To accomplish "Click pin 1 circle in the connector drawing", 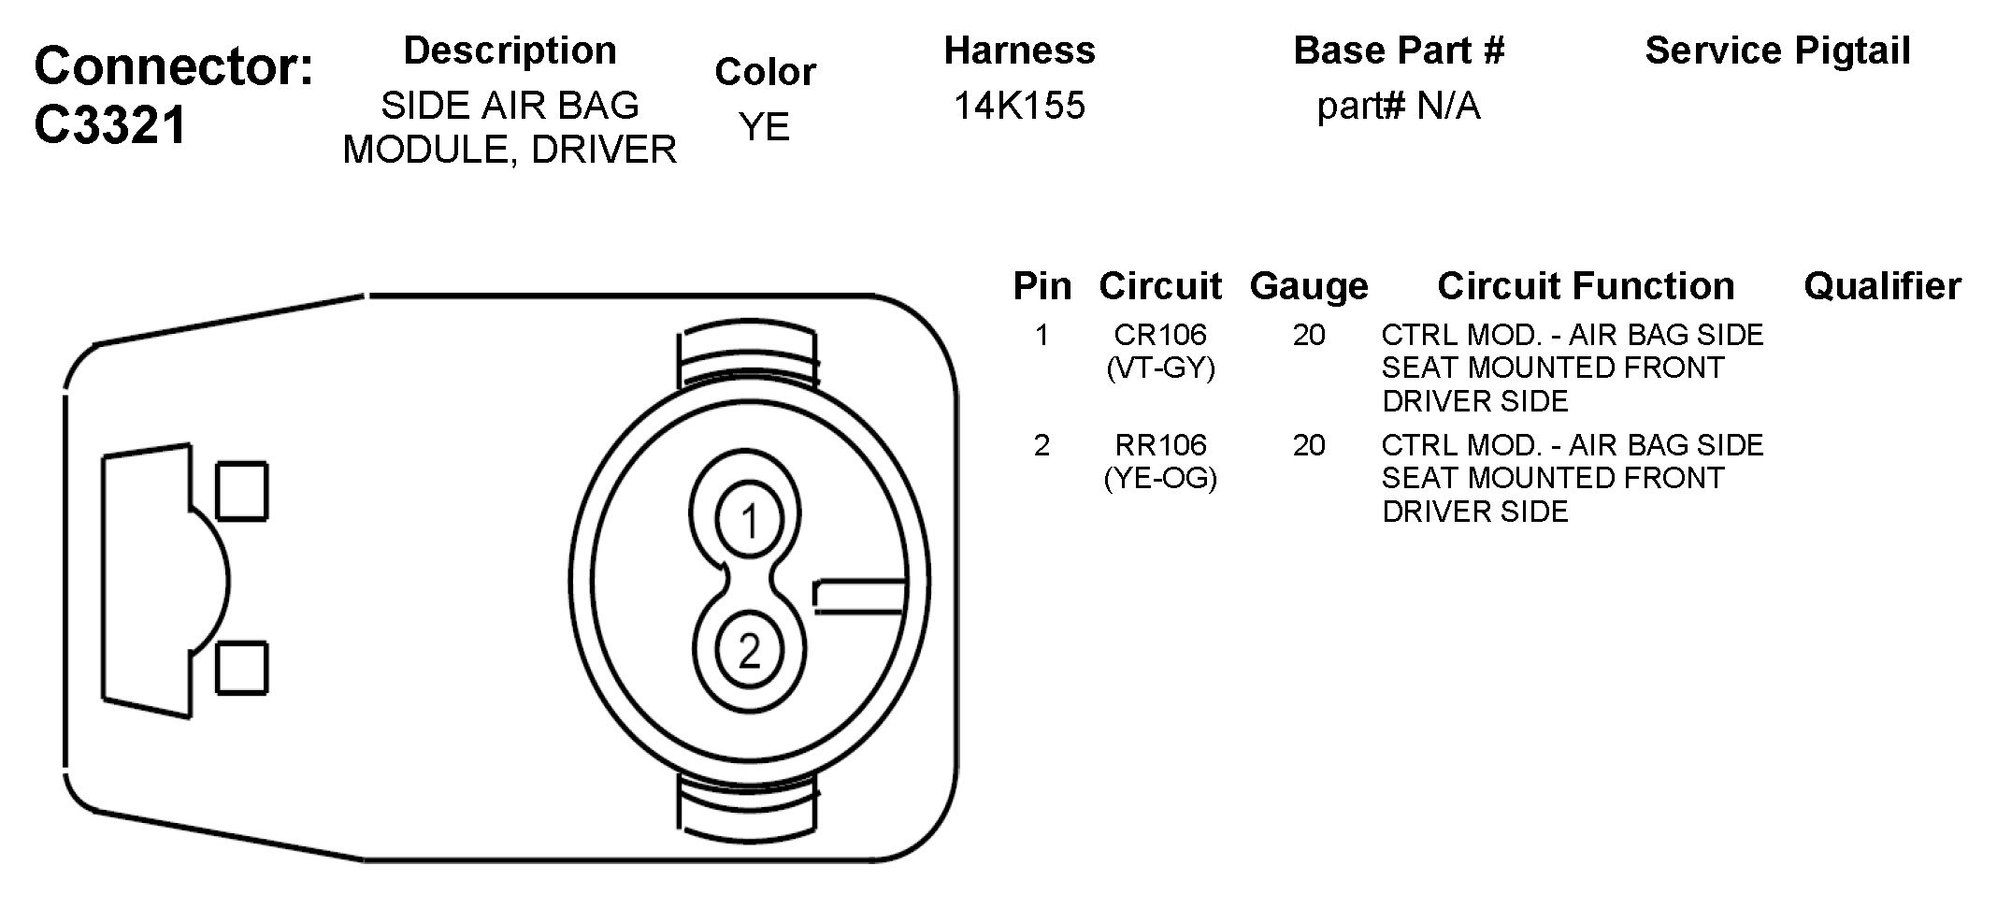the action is (750, 523).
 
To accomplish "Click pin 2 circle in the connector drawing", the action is (750, 652).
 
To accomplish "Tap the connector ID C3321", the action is (111, 124).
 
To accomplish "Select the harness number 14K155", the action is (1019, 106).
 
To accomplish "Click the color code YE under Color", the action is (765, 127).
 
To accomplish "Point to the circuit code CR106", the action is (1160, 335).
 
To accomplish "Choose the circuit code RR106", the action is (1160, 445).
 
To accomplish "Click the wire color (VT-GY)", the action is (1160, 368).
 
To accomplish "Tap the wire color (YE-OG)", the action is (1160, 479).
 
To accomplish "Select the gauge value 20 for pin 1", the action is (1309, 335).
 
